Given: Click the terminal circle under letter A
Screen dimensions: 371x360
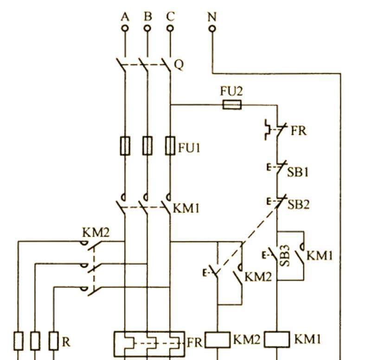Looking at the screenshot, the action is point(125,28).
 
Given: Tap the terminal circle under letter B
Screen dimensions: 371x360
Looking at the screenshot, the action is point(147,28).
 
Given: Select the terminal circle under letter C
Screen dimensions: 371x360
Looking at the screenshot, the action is point(170,28).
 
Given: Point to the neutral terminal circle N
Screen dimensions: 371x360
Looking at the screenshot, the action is point(212,29).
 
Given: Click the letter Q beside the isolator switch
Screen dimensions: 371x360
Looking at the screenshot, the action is point(179,65).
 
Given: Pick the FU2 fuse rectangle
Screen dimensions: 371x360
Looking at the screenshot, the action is point(232,105).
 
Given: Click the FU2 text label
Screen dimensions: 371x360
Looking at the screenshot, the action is point(231,91).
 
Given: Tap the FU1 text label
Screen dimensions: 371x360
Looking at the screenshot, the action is point(189,148).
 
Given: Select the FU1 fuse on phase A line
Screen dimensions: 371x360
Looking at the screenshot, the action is point(125,146).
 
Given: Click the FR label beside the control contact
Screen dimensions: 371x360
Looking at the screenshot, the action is point(298,131).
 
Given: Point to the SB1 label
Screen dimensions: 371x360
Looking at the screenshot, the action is point(298,172).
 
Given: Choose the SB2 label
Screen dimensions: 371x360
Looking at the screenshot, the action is point(298,205).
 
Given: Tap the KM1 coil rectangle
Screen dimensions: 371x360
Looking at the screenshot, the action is point(277,340).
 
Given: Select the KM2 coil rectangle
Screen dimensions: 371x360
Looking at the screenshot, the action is point(217,340).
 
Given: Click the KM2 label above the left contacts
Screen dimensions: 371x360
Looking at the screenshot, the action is point(96,233).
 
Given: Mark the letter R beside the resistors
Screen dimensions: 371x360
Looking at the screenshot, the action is point(66,342).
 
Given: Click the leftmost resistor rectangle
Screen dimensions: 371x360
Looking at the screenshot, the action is point(19,341).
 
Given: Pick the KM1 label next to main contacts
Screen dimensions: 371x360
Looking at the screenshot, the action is point(186,208).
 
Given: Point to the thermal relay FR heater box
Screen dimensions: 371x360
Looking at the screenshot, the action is point(149,344).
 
